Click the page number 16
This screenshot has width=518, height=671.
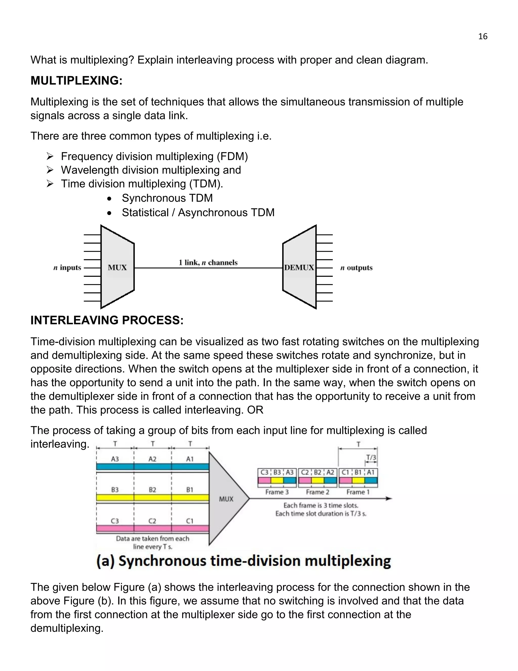(x=483, y=36)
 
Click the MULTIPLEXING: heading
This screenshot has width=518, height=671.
(x=76, y=81)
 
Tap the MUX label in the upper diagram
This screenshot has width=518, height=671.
(x=117, y=268)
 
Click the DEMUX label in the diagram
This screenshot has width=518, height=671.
(x=299, y=268)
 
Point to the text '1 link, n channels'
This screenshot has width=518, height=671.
(x=208, y=263)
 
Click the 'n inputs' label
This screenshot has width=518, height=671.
(x=68, y=268)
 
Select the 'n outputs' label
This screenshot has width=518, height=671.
(x=356, y=268)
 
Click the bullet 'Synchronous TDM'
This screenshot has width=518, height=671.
(x=167, y=198)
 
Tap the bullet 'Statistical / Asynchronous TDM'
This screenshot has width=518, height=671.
(x=198, y=213)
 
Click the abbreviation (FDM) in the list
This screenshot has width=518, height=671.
(x=232, y=156)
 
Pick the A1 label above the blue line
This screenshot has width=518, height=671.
(x=190, y=459)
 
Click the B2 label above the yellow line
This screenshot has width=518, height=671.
(x=152, y=490)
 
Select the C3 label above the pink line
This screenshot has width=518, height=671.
(x=115, y=521)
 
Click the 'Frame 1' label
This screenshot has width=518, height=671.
(x=358, y=492)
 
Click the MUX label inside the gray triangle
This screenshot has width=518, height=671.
(x=226, y=499)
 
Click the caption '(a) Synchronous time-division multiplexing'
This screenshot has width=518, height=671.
(x=244, y=561)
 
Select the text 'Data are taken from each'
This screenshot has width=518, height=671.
(x=153, y=538)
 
